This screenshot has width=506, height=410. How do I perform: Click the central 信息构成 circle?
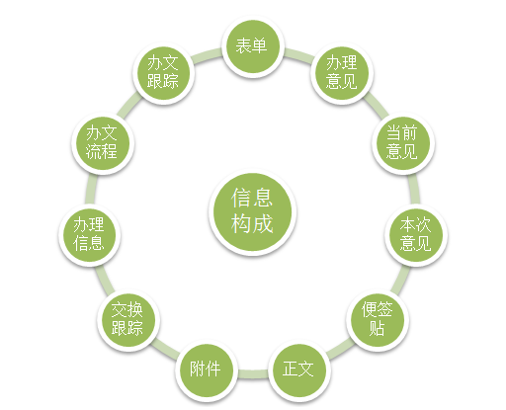(x=253, y=211)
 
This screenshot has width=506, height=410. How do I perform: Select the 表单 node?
(x=253, y=45)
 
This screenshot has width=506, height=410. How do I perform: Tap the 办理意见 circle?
(x=342, y=73)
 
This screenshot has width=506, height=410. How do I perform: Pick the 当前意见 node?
(x=403, y=143)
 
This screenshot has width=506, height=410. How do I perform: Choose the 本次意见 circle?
(x=416, y=234)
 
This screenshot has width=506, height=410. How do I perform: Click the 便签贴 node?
(x=378, y=319)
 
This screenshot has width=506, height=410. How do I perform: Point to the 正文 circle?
(x=299, y=370)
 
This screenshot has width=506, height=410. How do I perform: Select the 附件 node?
(x=207, y=370)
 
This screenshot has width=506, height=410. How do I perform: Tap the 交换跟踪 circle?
(x=128, y=319)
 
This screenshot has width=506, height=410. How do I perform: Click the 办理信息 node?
(x=90, y=234)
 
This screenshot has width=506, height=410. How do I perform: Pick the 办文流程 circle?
(x=103, y=143)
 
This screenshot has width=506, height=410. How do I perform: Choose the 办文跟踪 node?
(x=164, y=73)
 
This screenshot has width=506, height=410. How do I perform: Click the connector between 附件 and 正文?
(x=253, y=374)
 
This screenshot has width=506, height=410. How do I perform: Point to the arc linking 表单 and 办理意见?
(x=299, y=54)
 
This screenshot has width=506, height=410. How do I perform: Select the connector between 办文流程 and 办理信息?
(x=90, y=189)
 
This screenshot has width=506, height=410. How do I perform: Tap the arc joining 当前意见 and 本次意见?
(x=415, y=189)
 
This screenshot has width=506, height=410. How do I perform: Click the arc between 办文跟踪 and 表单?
(x=206, y=54)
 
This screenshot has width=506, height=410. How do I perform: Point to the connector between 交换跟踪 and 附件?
(x=164, y=349)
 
